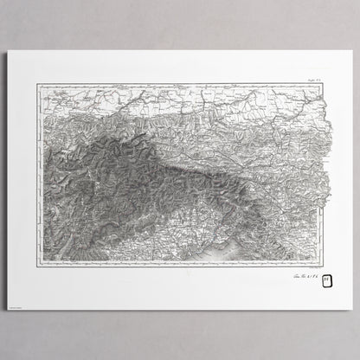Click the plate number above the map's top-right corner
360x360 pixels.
[x=312, y=79]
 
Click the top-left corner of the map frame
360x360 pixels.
[x=37, y=83]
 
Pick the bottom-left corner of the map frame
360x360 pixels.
[x=37, y=267]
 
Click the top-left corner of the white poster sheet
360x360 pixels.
[x=8, y=50]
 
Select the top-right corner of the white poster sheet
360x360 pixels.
[x=352, y=50]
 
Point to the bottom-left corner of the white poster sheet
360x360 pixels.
[x=8, y=309]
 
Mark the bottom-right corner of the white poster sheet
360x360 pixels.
[x=352, y=309]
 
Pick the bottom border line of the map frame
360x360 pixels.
[x=173, y=267]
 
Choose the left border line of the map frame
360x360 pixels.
[x=37, y=173]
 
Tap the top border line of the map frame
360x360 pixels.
[x=173, y=83]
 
